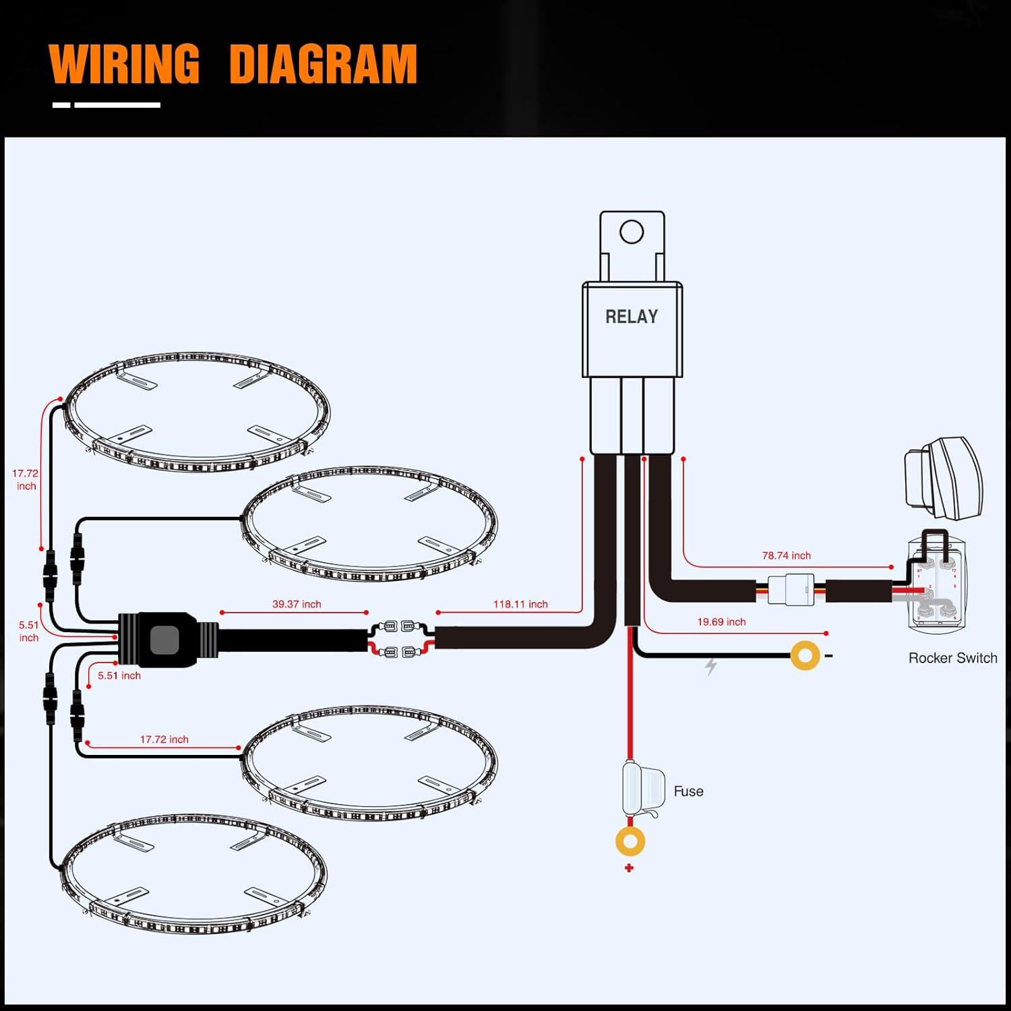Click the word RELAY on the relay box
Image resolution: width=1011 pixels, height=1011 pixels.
tap(631, 317)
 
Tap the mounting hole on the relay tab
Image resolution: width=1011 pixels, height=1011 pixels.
tap(632, 232)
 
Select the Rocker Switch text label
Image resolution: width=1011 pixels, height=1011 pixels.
tap(952, 658)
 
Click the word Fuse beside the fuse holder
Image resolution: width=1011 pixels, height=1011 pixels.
tap(688, 791)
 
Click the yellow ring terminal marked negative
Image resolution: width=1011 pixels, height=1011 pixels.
tap(805, 655)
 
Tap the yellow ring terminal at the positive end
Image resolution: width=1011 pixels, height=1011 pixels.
tap(630, 841)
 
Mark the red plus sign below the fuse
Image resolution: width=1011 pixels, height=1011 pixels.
tap(629, 867)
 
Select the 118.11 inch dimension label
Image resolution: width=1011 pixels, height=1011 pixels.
tap(520, 604)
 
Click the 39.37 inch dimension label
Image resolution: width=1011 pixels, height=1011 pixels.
tap(297, 604)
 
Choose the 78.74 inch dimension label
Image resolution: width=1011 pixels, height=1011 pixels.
tap(786, 555)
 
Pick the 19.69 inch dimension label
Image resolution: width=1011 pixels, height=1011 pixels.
tap(721, 621)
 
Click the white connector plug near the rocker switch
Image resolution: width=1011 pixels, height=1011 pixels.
tap(791, 590)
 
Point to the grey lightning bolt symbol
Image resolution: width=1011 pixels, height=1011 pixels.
tap(710, 667)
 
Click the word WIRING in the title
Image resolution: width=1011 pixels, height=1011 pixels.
tap(125, 64)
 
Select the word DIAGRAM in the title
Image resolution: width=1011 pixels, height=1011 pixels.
tap(323, 64)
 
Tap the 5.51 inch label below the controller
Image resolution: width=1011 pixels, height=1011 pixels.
tap(119, 675)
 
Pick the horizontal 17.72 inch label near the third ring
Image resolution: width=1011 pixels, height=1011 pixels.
tap(164, 739)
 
